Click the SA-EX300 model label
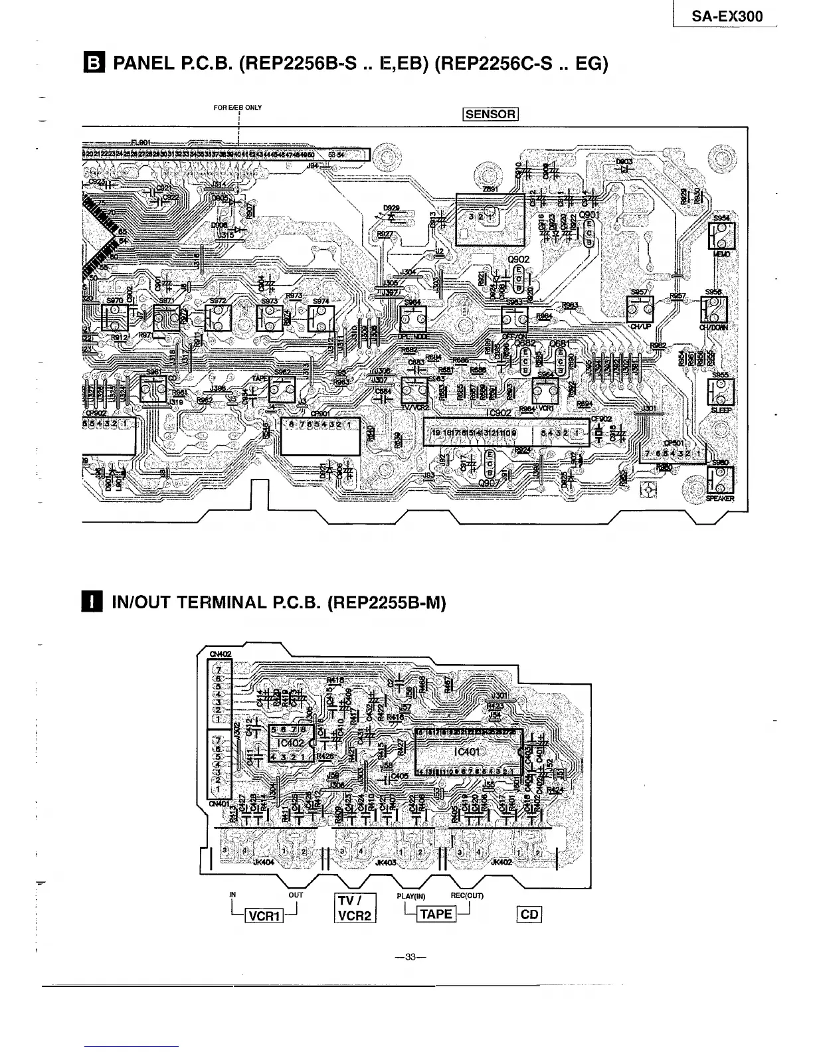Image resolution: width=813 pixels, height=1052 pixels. coord(727,17)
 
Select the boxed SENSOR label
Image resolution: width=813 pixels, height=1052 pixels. coord(490,114)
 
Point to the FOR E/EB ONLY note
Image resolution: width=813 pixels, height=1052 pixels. coord(238,108)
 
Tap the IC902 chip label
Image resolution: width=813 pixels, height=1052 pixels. coord(498,413)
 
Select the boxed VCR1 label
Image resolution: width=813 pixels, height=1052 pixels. coord(265,917)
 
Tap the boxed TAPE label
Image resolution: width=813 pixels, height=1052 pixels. coord(436,914)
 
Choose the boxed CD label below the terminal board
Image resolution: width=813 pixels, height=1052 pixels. coord(529,915)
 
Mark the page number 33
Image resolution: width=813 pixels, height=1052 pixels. coord(410,957)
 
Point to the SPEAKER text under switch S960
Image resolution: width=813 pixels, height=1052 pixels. coord(720,499)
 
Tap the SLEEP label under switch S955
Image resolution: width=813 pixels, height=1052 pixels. coord(721,410)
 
